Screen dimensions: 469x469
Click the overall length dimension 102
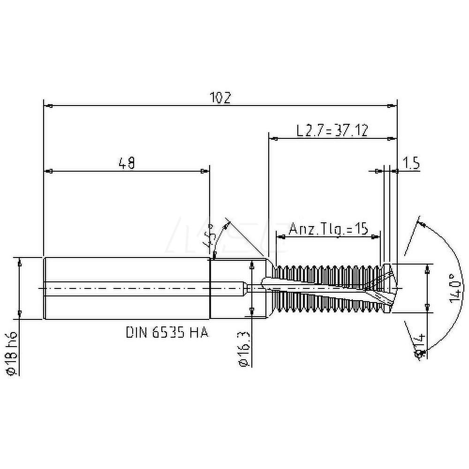(220, 98)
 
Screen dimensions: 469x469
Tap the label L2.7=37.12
(332, 130)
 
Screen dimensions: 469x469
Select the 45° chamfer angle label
(210, 237)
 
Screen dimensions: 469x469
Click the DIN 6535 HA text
(166, 333)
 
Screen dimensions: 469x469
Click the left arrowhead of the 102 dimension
(46, 106)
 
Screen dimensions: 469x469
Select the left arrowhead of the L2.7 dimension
(272, 138)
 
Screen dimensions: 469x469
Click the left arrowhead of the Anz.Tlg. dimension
(280, 237)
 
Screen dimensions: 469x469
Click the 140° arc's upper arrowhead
(421, 225)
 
